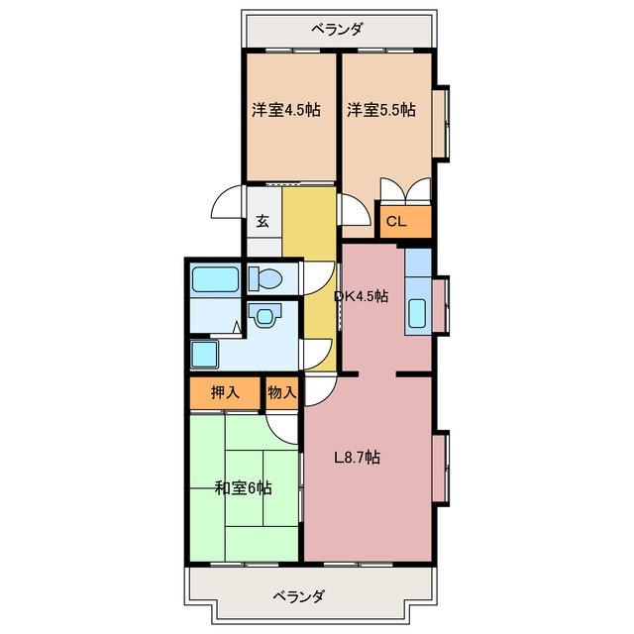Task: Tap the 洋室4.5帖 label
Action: pos(286,110)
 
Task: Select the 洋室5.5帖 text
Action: pos(380,110)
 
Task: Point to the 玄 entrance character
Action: pos(263,221)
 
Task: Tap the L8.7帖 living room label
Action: pos(357,458)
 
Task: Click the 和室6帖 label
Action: pos(244,487)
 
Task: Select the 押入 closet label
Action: pos(225,392)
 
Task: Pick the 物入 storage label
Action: pos(281,392)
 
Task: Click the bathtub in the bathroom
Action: pos(214,278)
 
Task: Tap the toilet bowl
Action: pos(266,276)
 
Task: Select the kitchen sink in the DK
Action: pos(417,315)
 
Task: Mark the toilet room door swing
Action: pos(317,277)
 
